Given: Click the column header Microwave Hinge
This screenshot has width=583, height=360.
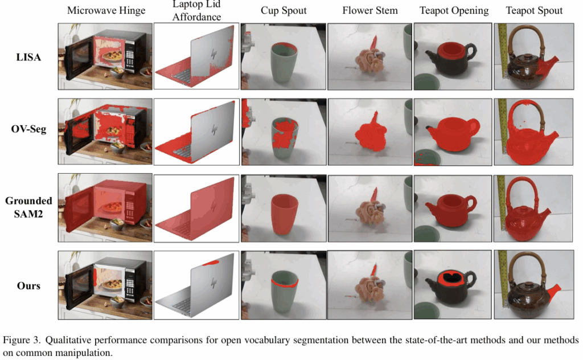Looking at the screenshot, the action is [x=106, y=11].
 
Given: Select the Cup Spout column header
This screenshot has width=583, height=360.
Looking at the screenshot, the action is [x=284, y=10].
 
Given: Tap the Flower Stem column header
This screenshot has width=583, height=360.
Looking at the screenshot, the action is [x=370, y=10].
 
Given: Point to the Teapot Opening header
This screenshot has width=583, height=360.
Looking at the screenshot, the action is [x=454, y=11].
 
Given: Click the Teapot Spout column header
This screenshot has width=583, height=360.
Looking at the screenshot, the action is [x=534, y=11].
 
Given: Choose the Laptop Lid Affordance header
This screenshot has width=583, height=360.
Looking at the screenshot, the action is [x=196, y=10].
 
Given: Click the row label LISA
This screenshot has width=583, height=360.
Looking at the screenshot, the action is [x=28, y=58].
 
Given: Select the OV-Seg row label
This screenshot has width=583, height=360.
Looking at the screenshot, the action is [x=28, y=129].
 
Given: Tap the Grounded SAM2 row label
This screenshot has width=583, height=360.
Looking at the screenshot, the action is [x=28, y=207].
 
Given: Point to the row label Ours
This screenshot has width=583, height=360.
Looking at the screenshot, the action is [x=28, y=285].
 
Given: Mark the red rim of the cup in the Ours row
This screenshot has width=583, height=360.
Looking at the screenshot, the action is [x=285, y=284].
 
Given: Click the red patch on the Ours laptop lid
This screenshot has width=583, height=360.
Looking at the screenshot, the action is [x=211, y=263].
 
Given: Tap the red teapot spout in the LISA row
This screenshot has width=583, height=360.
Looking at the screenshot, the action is [x=547, y=66].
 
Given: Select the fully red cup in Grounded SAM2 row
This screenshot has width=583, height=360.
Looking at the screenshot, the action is [x=285, y=214].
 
